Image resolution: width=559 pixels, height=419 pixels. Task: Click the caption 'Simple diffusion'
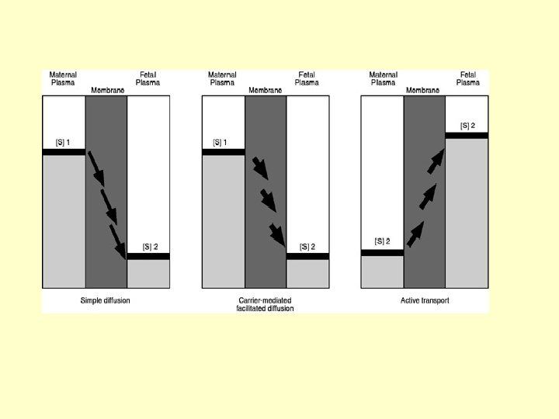pos(105,300)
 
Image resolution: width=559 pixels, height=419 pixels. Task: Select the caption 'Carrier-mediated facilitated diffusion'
pos(265,304)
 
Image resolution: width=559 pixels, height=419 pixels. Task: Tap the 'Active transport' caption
pos(425,300)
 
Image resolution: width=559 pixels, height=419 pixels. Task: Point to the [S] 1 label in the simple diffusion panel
pos(63,142)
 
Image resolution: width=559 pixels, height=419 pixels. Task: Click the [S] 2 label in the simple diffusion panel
pos(150,247)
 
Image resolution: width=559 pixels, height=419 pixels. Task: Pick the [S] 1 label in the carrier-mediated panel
pos(222,142)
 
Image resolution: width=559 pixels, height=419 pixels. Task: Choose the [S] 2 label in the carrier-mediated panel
pos(307,247)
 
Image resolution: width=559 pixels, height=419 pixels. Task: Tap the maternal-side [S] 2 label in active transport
pos(382,241)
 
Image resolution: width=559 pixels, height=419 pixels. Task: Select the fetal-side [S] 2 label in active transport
pos(467,126)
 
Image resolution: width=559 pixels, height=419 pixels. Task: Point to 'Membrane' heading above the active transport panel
pos(423,90)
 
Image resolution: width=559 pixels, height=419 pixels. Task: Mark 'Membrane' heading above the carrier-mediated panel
pos(265,90)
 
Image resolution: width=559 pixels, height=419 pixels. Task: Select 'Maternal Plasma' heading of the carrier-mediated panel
pos(222,78)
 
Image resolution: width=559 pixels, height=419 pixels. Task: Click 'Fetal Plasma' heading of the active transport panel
pos(467,78)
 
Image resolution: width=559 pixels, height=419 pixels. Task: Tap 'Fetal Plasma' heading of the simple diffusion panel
pos(148,78)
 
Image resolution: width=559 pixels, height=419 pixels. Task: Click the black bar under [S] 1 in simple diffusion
pos(64,152)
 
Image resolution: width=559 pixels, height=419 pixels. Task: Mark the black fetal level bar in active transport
pos(467,135)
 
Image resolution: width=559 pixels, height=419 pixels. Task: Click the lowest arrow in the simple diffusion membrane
pos(119,242)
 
